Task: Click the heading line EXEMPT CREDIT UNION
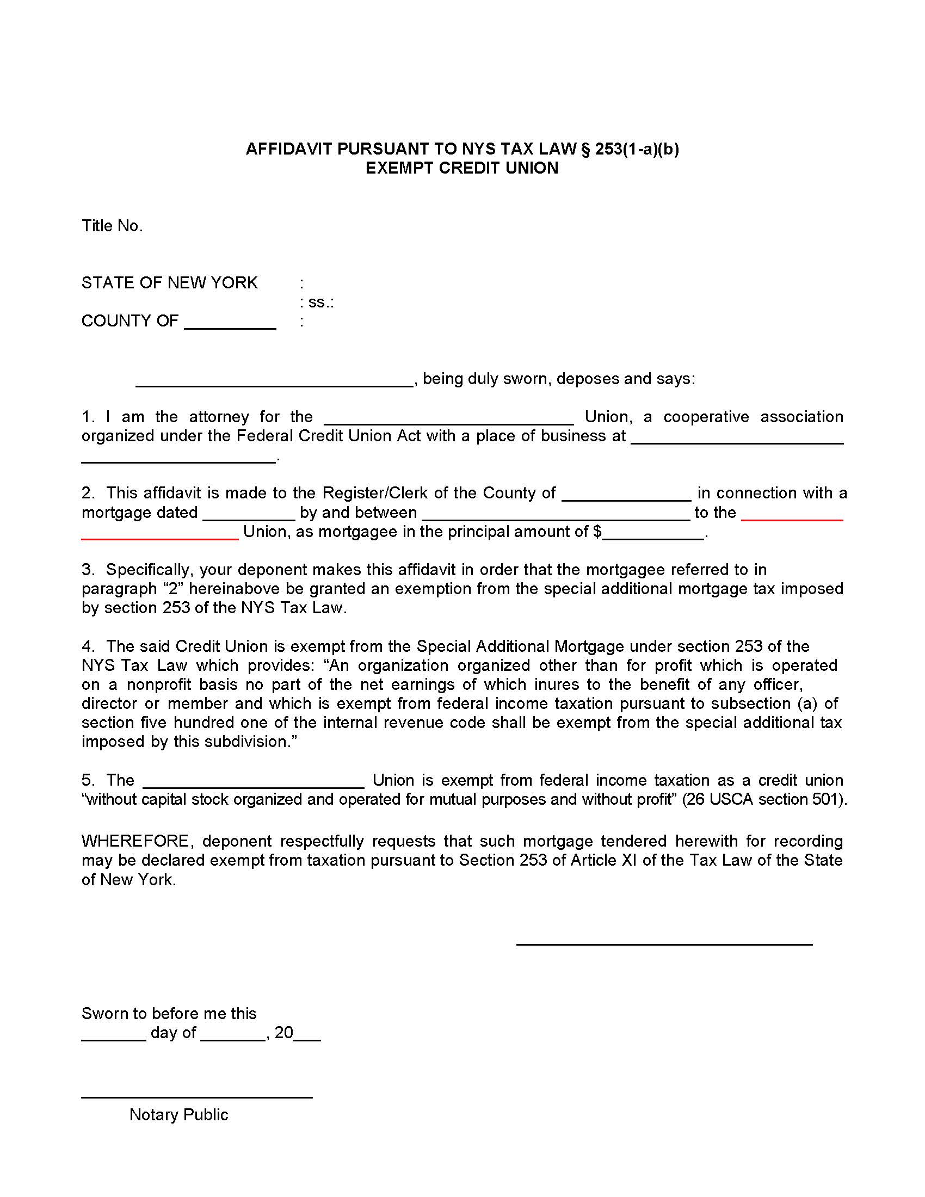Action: click(x=462, y=168)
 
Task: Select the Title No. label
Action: click(x=112, y=226)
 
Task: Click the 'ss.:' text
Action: click(x=320, y=302)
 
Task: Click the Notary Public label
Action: click(x=178, y=1114)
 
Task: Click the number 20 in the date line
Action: click(x=284, y=1033)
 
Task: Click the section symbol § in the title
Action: click(x=585, y=149)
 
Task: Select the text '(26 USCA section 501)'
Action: click(x=764, y=799)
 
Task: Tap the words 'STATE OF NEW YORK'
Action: click(x=169, y=283)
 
